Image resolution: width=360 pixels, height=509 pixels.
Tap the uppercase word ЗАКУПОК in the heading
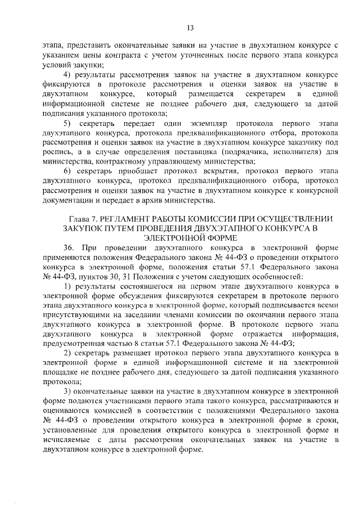84,228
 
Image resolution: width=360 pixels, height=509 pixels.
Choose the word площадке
61,373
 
